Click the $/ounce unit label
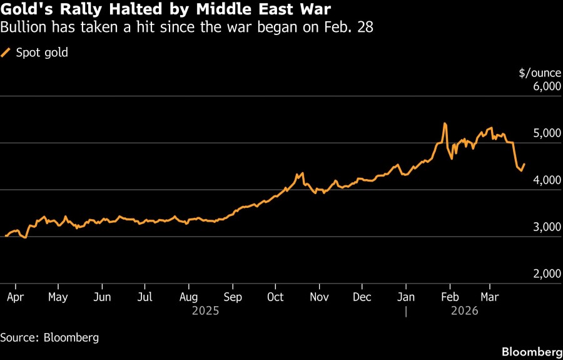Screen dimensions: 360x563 [540, 73]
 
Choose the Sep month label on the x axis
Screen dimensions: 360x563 [233, 297]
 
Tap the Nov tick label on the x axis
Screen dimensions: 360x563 [320, 297]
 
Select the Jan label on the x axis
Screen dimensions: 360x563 [407, 297]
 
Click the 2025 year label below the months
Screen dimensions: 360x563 [206, 311]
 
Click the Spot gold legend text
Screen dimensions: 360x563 [42, 53]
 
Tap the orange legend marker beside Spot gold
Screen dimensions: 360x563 [6, 53]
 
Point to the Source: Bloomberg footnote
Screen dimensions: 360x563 [49, 337]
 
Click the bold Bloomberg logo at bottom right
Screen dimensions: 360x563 [531, 351]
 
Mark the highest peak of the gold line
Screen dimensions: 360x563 [444, 123]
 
